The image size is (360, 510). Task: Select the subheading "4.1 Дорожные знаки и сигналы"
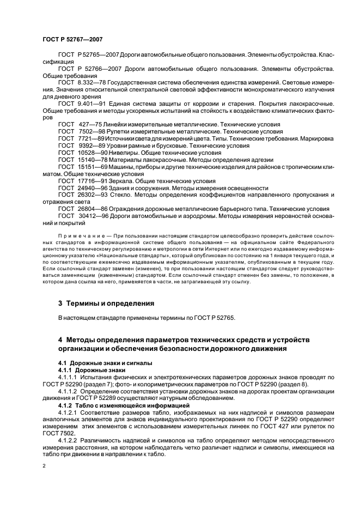tap(106, 363)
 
